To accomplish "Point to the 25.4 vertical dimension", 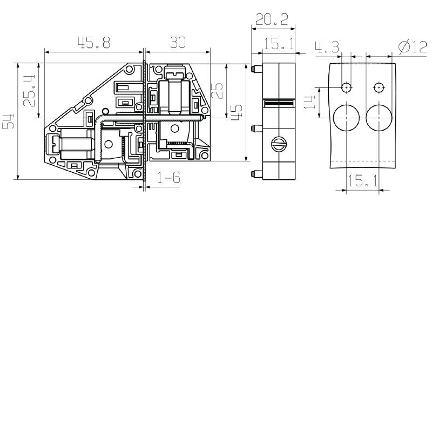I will (x=30, y=90).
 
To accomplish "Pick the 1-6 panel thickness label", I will (x=168, y=179).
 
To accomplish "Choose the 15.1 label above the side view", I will (x=279, y=45).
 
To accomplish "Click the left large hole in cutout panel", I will (x=346, y=117).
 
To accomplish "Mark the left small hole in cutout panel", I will (x=346, y=87).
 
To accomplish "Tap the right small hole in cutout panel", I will (x=379, y=87).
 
